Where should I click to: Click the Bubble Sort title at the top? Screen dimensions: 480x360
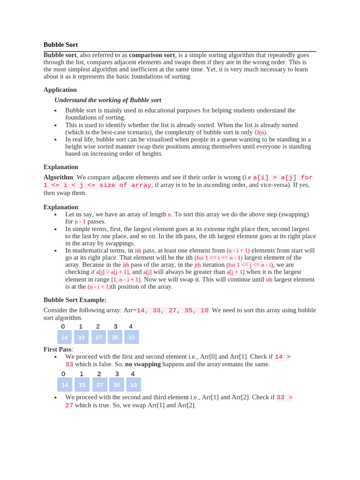(60, 45)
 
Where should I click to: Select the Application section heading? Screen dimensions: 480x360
(60, 90)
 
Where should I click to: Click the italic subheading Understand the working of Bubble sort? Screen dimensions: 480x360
(108, 100)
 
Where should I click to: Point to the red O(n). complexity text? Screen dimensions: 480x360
(261, 133)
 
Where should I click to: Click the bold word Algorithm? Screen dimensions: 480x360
(58, 177)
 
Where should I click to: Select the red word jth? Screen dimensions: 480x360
(197, 265)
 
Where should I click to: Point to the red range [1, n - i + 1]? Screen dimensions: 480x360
(126, 279)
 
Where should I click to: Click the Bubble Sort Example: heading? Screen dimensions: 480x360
(75, 300)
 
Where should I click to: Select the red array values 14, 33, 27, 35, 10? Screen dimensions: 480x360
(172, 310)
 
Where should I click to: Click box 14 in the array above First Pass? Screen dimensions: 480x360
(64, 337)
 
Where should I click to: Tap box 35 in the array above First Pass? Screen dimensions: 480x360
(115, 337)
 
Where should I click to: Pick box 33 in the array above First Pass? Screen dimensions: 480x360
(81, 337)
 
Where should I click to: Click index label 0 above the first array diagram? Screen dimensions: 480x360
(63, 327)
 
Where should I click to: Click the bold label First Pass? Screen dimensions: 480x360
(57, 349)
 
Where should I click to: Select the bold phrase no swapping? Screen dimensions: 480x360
(143, 364)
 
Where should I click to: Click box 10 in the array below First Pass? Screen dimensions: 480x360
(133, 385)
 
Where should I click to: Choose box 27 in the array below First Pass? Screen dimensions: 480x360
(99, 385)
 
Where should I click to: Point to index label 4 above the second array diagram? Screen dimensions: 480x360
(133, 374)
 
